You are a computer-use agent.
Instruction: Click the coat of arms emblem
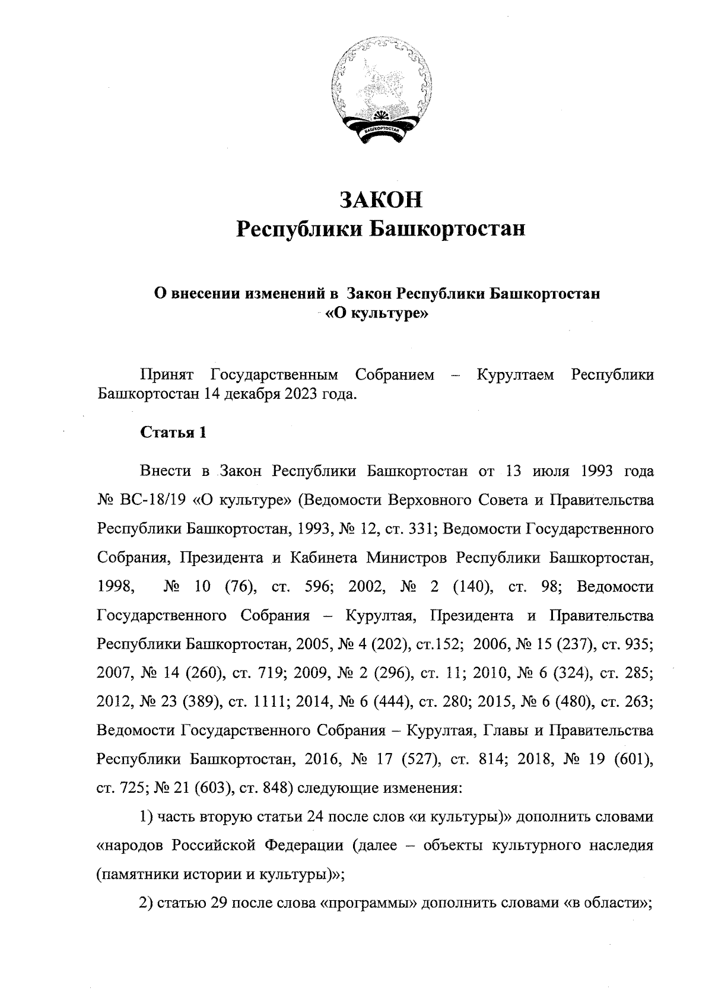380,95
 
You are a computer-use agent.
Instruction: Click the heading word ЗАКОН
380,200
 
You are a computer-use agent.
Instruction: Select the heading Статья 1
173,433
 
